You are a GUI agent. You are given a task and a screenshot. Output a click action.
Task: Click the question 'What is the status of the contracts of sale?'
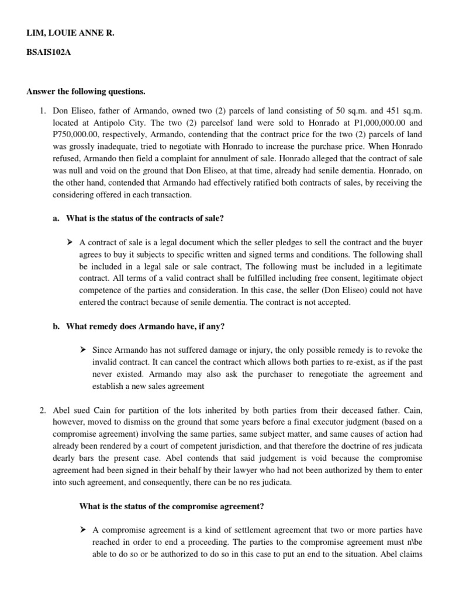pyautogui.click(x=145, y=218)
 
